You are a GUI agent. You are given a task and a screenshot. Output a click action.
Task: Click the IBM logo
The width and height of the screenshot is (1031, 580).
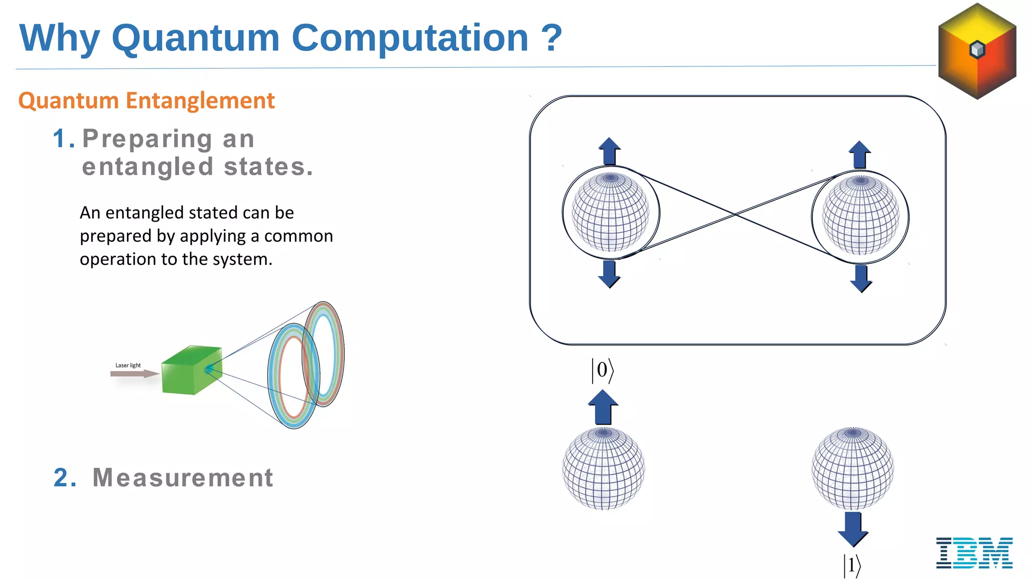(x=974, y=553)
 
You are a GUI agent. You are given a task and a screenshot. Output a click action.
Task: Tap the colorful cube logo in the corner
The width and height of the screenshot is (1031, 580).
(x=977, y=51)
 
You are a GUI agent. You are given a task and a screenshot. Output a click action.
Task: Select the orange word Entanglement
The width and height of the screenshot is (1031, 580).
(x=200, y=101)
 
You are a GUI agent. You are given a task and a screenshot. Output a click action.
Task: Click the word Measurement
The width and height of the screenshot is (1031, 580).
(x=183, y=477)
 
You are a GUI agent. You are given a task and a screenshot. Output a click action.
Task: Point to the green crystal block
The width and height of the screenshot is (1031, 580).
(x=191, y=370)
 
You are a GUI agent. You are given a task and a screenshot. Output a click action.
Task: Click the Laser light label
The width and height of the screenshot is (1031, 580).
(x=128, y=366)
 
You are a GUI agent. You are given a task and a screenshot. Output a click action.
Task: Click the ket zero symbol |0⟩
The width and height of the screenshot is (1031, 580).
(x=602, y=371)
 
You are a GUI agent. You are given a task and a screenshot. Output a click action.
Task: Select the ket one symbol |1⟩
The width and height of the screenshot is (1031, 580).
(x=852, y=565)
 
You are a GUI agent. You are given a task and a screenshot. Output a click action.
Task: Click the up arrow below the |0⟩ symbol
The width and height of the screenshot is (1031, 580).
(x=603, y=407)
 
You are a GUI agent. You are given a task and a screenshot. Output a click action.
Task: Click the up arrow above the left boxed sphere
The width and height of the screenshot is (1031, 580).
(x=609, y=151)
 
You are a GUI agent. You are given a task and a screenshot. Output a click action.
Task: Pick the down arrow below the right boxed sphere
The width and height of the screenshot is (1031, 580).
(x=861, y=278)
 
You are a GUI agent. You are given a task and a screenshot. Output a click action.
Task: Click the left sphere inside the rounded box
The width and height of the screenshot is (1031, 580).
(x=610, y=212)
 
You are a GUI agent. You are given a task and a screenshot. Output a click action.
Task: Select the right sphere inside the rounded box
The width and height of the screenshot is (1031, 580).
(x=860, y=215)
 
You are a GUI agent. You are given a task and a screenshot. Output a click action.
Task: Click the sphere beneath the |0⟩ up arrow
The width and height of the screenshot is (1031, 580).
(x=603, y=468)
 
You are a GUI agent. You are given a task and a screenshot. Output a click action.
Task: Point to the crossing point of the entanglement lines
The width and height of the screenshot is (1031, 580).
(x=735, y=214)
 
